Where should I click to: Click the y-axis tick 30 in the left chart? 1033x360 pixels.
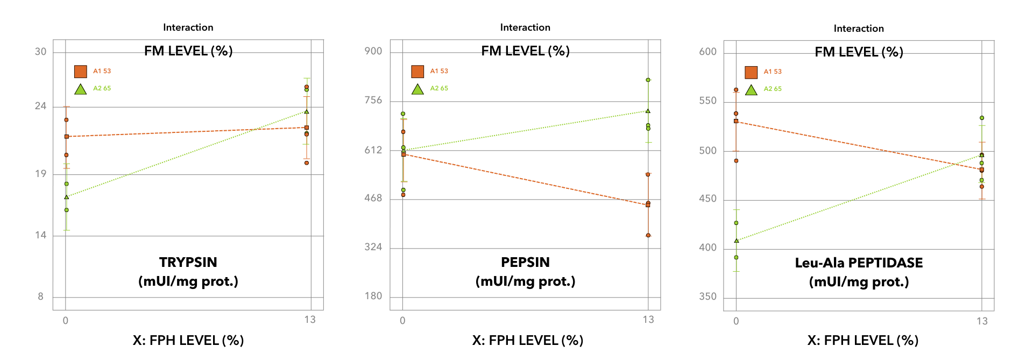41,52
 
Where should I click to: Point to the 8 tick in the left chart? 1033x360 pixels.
41,297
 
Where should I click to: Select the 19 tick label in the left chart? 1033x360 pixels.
41,174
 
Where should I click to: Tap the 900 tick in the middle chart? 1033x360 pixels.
373,51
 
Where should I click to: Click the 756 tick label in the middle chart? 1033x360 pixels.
373,100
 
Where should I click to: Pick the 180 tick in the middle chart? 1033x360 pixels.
373,296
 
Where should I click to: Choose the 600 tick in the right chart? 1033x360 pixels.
708,52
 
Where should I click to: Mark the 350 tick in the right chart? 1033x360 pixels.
708,297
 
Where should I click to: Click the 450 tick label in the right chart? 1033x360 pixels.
708,199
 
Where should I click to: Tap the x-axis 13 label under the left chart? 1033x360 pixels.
310,320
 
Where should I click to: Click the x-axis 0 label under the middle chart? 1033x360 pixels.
402,321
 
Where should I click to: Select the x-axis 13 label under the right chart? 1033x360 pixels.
982,321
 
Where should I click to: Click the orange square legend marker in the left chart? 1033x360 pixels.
81,72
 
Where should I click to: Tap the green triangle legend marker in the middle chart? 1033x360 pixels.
418,89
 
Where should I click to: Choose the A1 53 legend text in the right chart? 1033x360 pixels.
773,72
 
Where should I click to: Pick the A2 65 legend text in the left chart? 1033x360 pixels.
102,88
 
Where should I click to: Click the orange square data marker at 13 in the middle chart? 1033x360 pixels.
648,204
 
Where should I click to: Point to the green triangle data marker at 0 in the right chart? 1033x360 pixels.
737,241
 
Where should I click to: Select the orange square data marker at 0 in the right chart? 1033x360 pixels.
736,121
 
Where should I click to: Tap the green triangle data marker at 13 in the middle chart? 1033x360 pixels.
648,111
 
